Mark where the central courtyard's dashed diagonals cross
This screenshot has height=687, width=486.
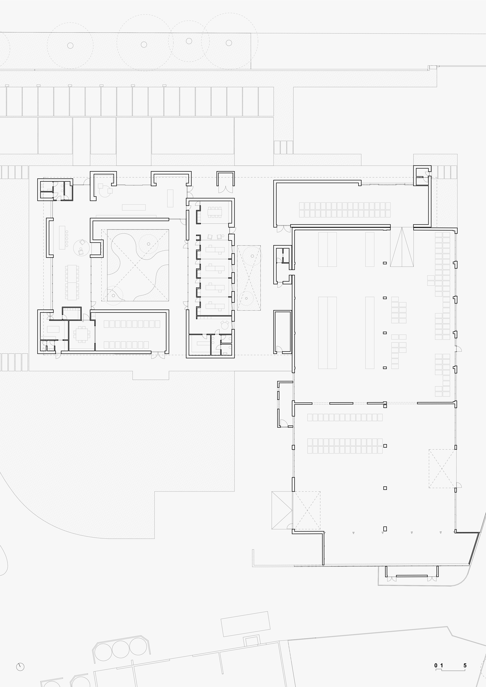coord(135,265)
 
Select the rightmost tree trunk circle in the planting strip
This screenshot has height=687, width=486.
coord(229,43)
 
